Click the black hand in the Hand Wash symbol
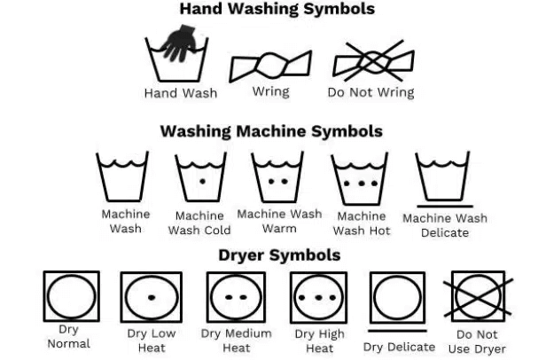pyautogui.click(x=179, y=43)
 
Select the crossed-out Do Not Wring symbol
pyautogui.click(x=374, y=61)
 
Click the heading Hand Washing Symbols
pyautogui.click(x=277, y=9)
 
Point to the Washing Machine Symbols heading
pyautogui.click(x=271, y=131)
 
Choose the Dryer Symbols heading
pyautogui.click(x=279, y=255)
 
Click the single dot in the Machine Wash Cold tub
pyautogui.click(x=202, y=181)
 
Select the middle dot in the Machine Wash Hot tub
pyautogui.click(x=362, y=184)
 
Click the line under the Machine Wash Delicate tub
pyautogui.click(x=445, y=207)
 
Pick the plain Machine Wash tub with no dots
pyautogui.click(x=122, y=176)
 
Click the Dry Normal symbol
pyautogui.click(x=72, y=296)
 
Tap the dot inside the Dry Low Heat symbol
pyautogui.click(x=152, y=298)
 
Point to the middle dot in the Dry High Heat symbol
pyautogui.click(x=318, y=298)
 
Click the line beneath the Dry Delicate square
pyautogui.click(x=397, y=331)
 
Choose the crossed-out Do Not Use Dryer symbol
pyautogui.click(x=478, y=297)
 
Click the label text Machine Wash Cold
pyautogui.click(x=199, y=223)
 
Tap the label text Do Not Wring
pyautogui.click(x=370, y=92)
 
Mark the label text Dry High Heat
pyautogui.click(x=319, y=340)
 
